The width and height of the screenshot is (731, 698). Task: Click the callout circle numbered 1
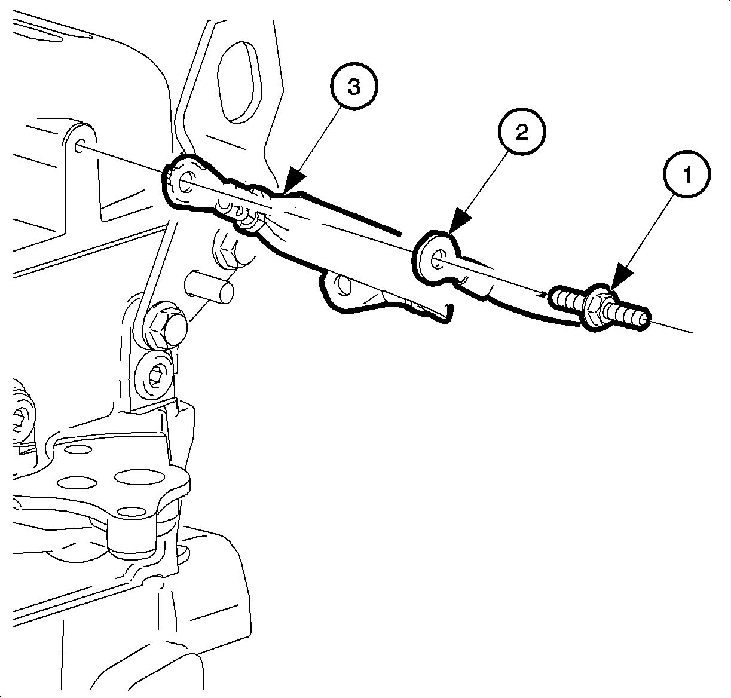687,174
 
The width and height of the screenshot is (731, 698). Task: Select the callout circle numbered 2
522,131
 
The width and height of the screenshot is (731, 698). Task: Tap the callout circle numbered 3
353,86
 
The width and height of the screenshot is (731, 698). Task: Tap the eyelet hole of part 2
438,259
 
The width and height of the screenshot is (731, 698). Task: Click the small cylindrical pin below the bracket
209,286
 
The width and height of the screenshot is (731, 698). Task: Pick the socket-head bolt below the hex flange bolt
154,376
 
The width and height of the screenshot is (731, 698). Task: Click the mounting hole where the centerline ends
79,145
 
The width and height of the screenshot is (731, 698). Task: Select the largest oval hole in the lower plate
139,477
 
